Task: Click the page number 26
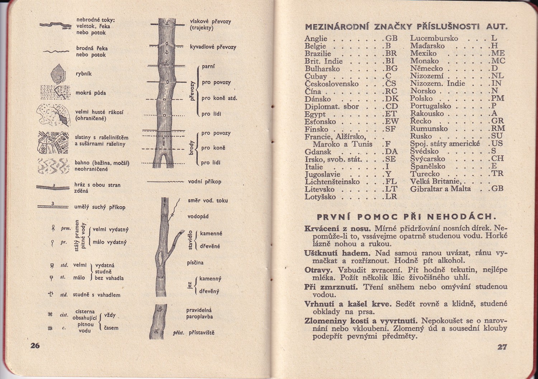click(x=35, y=346)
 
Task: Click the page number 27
click(x=502, y=347)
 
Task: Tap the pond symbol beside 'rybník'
click(x=58, y=74)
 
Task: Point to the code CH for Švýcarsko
click(x=498, y=159)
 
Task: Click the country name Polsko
click(x=421, y=99)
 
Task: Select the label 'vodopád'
click(x=198, y=216)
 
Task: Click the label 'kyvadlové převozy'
click(x=213, y=47)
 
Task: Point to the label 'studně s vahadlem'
click(x=96, y=295)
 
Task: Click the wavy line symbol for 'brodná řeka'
click(x=56, y=52)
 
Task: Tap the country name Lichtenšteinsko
click(x=332, y=182)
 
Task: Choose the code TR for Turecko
click(x=497, y=174)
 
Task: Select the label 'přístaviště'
click(x=202, y=333)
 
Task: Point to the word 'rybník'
click(x=84, y=74)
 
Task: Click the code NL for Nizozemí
click(x=498, y=76)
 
